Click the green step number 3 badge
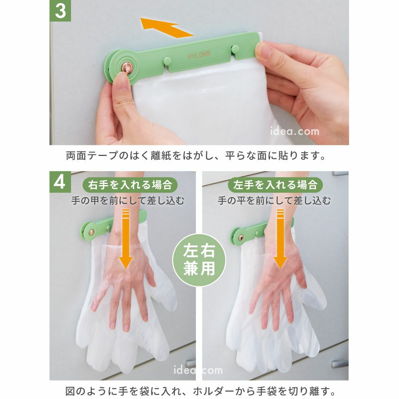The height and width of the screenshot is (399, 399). click(x=60, y=11)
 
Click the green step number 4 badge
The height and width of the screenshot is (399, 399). click(x=60, y=182)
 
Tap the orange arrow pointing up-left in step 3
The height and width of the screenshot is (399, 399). click(x=167, y=27)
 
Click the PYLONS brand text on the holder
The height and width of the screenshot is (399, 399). click(x=199, y=55)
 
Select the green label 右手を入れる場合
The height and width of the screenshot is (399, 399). click(x=130, y=185)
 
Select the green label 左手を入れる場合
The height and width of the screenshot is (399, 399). click(x=275, y=185)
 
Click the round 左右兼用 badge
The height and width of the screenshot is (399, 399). click(x=199, y=260)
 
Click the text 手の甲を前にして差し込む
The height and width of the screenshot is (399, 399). click(x=128, y=201)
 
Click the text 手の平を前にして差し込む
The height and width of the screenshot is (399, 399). click(x=275, y=201)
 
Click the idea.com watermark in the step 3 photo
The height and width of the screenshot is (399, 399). click(x=295, y=131)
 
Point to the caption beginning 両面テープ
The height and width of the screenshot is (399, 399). click(x=196, y=156)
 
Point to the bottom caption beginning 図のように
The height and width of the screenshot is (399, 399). click(x=200, y=391)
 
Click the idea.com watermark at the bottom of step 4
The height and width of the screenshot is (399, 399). click(x=198, y=370)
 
